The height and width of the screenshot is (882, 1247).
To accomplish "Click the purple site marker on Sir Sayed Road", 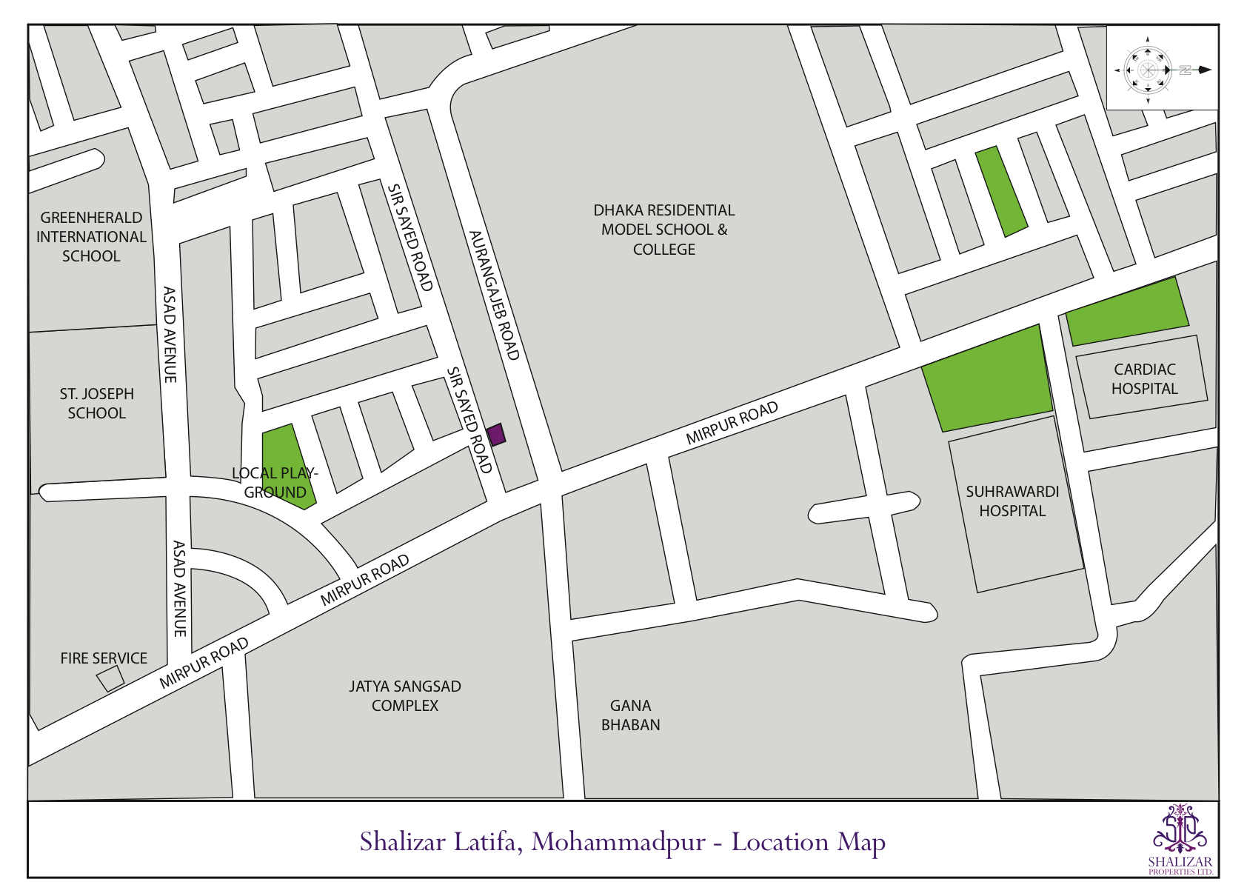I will point(496,434).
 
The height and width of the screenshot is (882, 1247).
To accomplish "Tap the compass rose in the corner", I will point(1148,70).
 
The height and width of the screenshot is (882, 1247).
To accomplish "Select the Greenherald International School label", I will point(91,237).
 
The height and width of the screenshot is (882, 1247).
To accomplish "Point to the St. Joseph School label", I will point(97,404).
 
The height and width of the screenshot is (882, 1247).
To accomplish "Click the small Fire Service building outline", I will point(110,678).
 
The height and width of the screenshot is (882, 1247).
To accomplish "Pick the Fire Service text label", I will point(104,658).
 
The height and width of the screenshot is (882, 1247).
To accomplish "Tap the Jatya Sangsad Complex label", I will point(405,696).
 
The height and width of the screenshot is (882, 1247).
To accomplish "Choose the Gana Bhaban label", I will point(630,715).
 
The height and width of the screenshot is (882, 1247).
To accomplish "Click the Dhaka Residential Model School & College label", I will point(664,230).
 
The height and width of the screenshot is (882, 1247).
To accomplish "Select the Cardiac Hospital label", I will point(1144,379).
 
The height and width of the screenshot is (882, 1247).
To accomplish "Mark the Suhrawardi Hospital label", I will point(1012,501).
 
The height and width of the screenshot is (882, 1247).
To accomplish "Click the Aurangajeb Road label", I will point(494,295).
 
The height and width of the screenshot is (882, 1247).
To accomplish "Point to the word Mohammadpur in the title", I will point(618,843).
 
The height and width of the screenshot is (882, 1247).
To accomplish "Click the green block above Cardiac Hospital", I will point(1127,312).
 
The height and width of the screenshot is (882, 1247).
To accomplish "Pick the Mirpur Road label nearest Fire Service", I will point(204,664).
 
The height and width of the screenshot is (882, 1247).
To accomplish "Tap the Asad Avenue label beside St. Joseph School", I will point(170,335).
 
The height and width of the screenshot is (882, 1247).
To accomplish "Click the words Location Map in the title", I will point(809,843).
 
